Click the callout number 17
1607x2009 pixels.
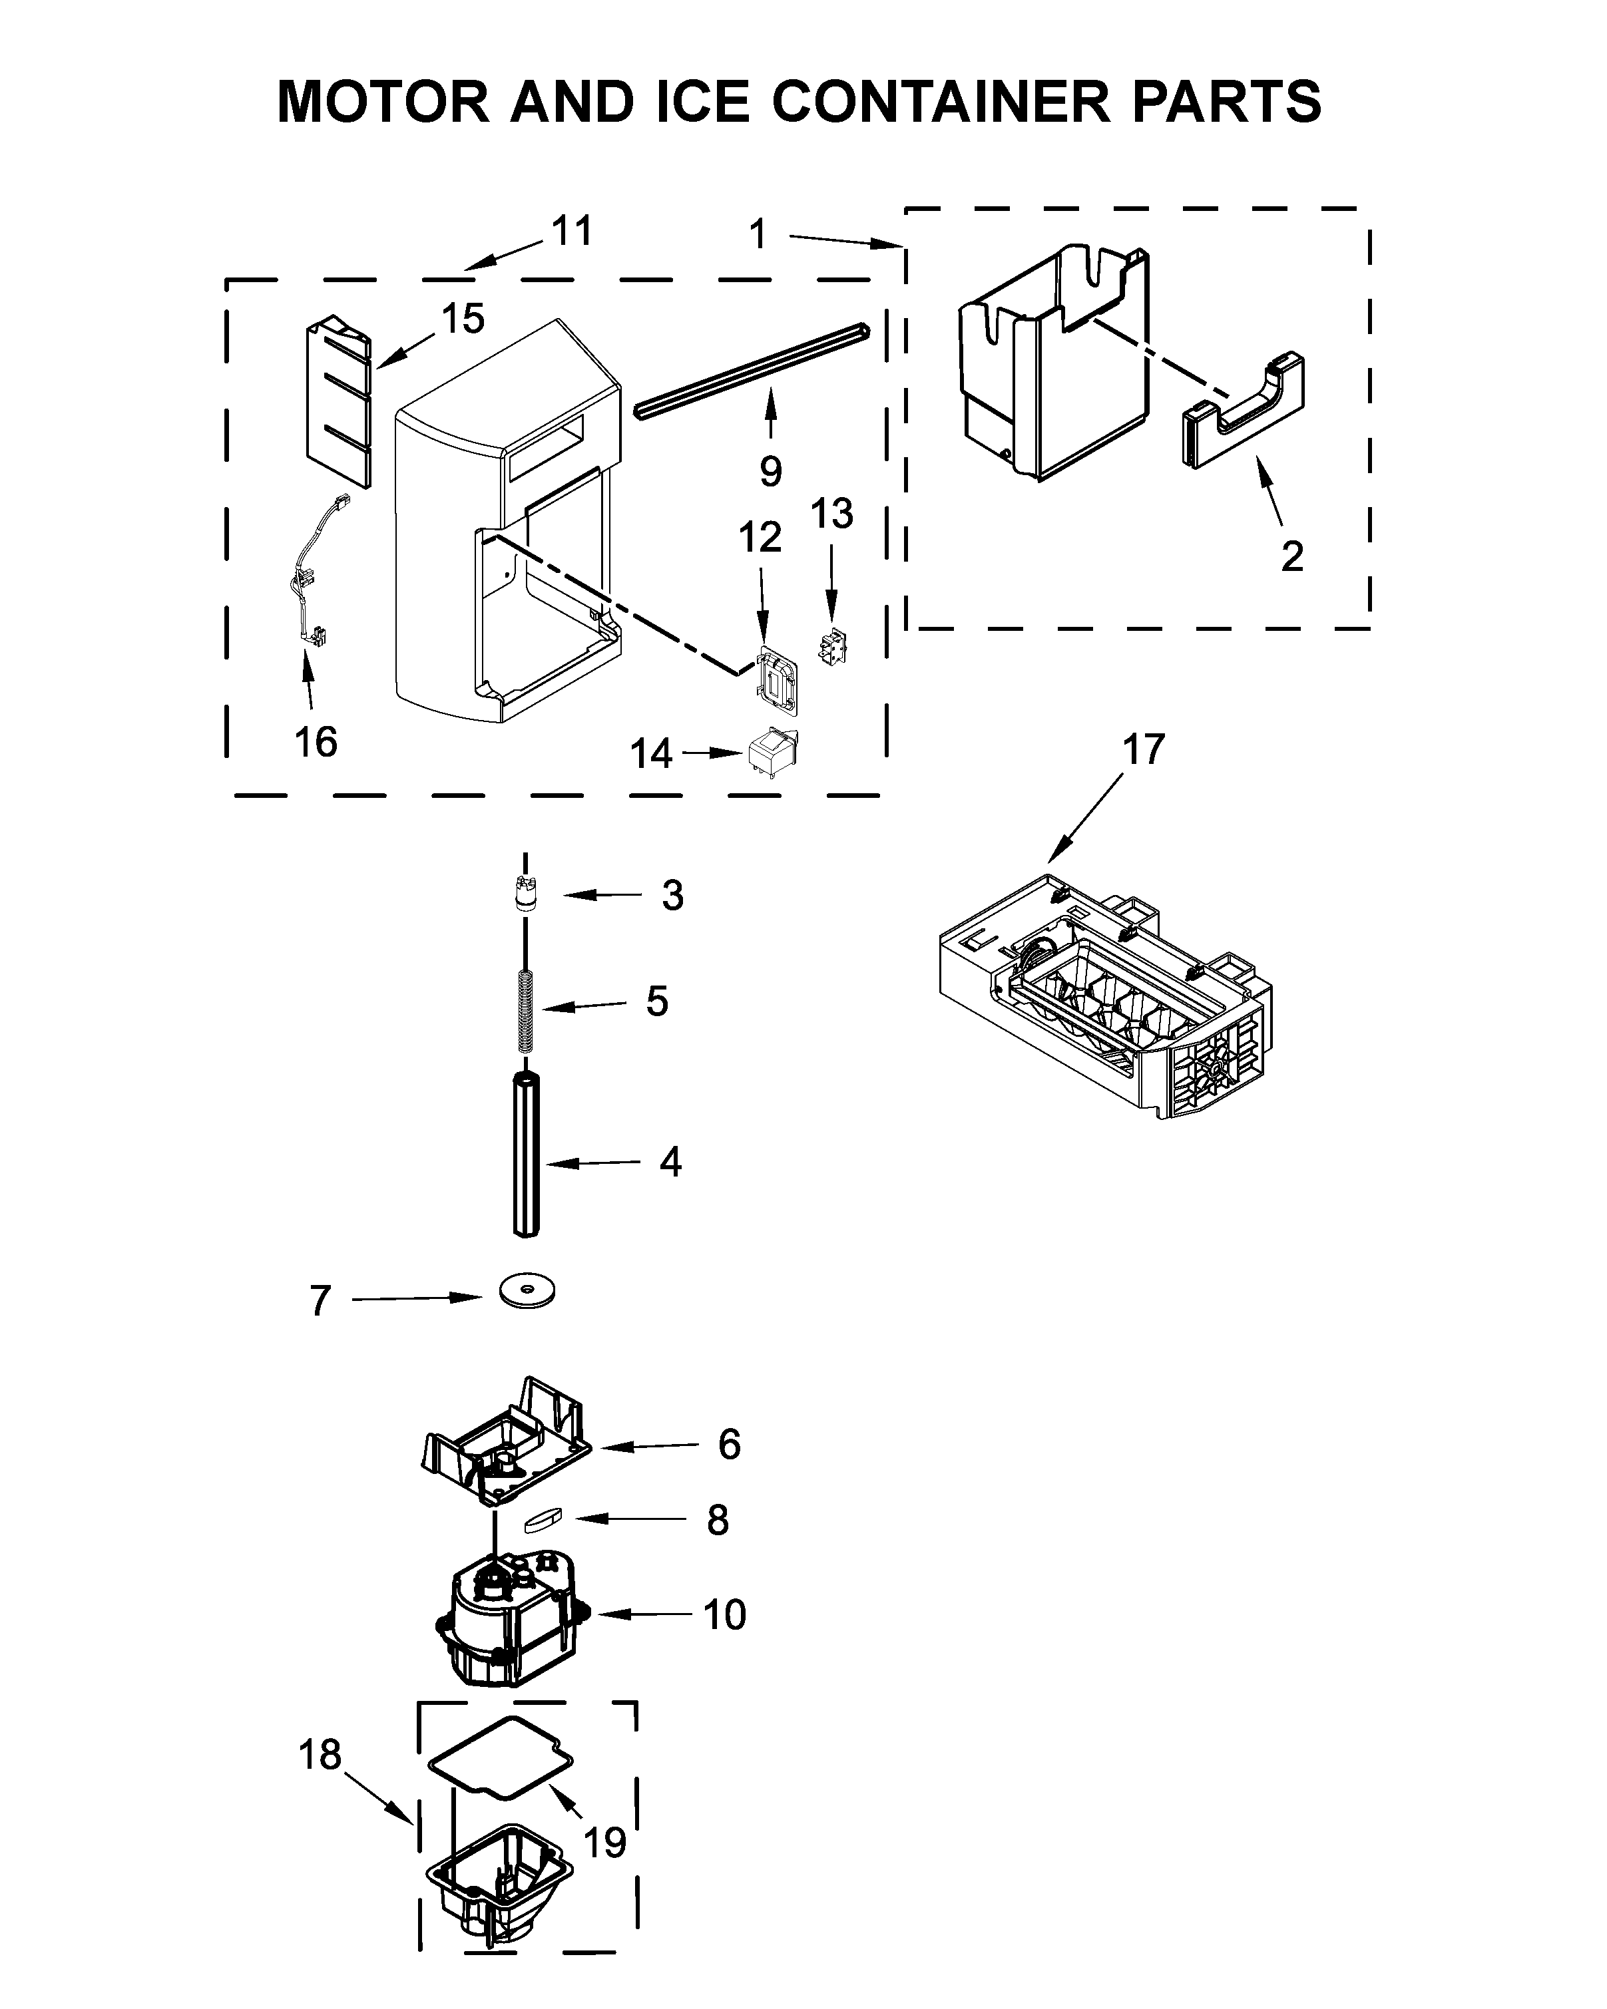1143,750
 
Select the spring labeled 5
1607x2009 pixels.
526,1011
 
